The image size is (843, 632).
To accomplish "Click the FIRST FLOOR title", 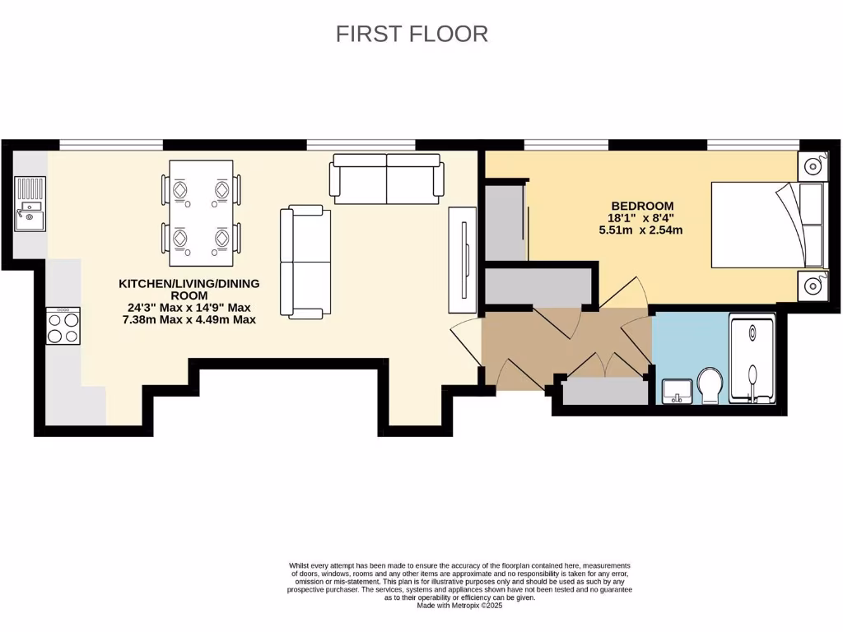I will (412, 34).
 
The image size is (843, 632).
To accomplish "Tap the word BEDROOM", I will (642, 206).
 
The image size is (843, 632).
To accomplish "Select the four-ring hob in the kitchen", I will (63, 326).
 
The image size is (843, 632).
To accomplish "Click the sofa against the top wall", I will (386, 178).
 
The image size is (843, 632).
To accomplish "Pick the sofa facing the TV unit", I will (305, 263).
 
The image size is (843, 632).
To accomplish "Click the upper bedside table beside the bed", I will (813, 165).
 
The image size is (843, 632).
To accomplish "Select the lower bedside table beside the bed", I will (813, 286).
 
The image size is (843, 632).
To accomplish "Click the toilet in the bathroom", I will (708, 386).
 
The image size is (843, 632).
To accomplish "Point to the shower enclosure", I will (752, 361).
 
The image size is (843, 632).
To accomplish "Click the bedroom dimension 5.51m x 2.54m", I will (640, 230).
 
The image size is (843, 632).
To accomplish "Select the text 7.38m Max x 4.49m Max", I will (189, 319).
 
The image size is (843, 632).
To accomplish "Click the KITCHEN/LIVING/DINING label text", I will (189, 283).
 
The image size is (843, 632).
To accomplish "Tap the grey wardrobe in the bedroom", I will (504, 222).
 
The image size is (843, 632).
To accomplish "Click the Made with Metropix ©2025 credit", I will (459, 606).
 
